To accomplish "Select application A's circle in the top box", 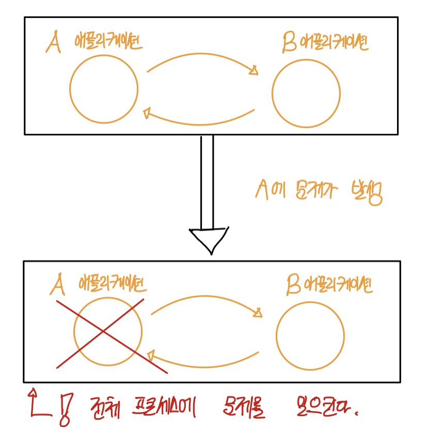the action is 104,89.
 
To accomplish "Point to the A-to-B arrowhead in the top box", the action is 254,71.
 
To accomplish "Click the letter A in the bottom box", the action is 58,285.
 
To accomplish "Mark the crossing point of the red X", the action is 105,331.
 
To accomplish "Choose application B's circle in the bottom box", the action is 310,335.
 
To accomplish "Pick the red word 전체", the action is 105,406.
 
